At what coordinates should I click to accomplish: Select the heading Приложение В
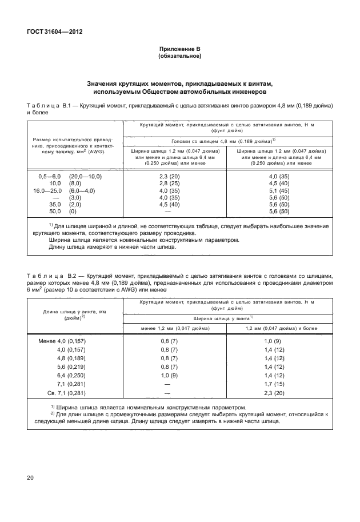179,50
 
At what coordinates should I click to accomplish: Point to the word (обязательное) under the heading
179,57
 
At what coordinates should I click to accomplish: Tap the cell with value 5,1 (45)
280,191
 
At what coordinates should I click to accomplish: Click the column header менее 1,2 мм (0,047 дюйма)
169,328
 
